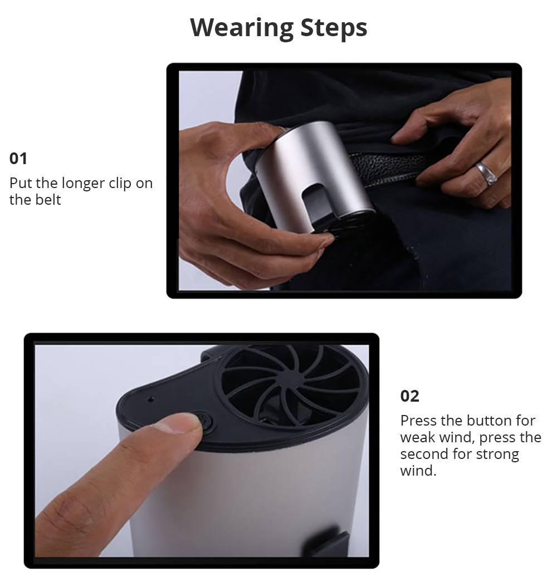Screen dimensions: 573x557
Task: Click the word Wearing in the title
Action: click(234, 27)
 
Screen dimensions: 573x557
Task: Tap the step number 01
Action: click(18, 159)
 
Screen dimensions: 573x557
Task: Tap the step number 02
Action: click(409, 396)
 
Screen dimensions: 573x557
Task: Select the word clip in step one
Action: click(120, 183)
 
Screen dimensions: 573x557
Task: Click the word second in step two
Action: click(427, 454)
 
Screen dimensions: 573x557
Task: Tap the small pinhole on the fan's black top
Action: click(150, 399)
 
